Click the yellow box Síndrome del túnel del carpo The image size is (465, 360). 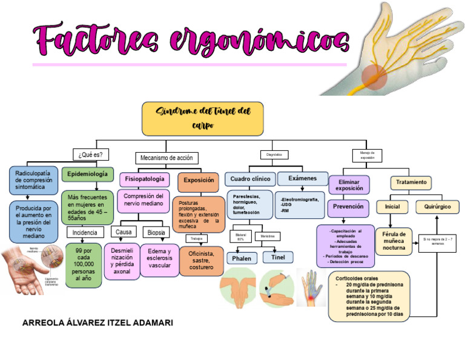(x=203, y=119)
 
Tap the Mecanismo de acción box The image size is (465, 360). (x=167, y=158)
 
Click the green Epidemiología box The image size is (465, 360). (x=87, y=174)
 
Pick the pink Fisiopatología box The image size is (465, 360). (x=145, y=179)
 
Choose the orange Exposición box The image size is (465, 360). (x=199, y=180)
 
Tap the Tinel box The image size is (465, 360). (x=278, y=256)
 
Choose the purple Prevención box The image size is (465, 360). (x=348, y=206)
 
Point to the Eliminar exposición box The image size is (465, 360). (x=348, y=184)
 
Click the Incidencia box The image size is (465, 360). (x=85, y=233)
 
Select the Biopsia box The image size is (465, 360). (x=156, y=232)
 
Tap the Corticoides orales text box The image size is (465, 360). (x=369, y=296)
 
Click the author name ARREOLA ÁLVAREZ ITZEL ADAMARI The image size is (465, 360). (x=97, y=323)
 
